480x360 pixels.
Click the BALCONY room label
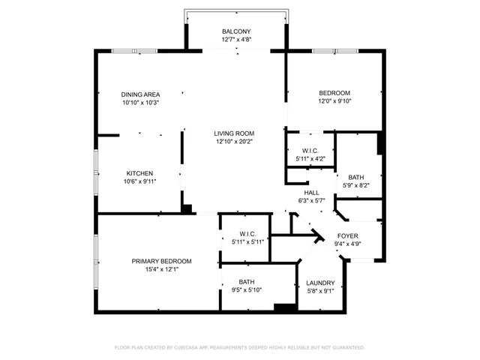coord(236,31)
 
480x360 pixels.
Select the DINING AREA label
coord(140,94)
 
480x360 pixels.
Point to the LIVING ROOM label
coord(234,133)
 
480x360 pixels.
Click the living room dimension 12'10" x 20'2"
coord(234,142)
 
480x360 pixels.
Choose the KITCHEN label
coord(139,172)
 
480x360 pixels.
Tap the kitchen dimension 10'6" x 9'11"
coord(139,180)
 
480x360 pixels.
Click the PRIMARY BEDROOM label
coord(161,261)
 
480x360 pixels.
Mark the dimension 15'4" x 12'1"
coord(161,269)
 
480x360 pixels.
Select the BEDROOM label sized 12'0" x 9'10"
coord(334,93)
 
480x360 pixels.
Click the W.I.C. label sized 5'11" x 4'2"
coord(310,150)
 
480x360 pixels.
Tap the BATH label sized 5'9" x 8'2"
coord(356,177)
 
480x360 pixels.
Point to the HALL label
coord(311,193)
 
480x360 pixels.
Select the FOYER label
coord(347,235)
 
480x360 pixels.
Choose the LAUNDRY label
coord(320,283)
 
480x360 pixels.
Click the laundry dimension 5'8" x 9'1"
coord(320,291)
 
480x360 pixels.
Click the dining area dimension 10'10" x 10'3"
coord(140,103)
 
